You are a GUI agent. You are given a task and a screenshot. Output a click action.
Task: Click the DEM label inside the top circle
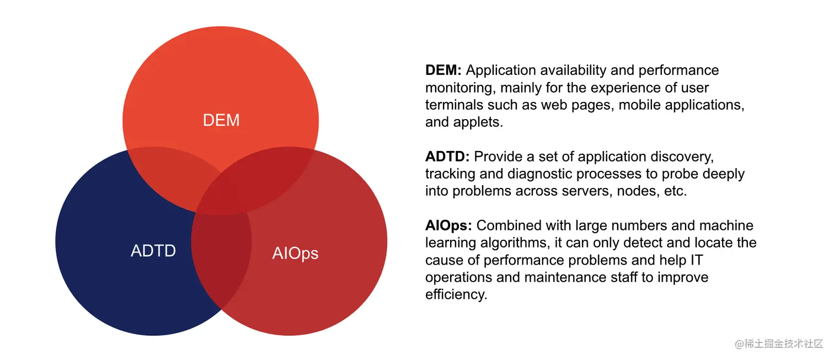coord(221,120)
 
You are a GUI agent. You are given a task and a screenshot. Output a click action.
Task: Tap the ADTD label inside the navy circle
coord(153,251)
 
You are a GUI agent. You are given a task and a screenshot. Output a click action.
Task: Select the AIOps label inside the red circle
coord(295,253)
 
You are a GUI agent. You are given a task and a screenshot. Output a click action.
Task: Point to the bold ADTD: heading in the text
coord(447,157)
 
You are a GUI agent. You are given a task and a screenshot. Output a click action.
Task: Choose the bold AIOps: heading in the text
coord(448,225)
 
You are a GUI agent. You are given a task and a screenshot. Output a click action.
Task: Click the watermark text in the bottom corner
coord(778,344)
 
